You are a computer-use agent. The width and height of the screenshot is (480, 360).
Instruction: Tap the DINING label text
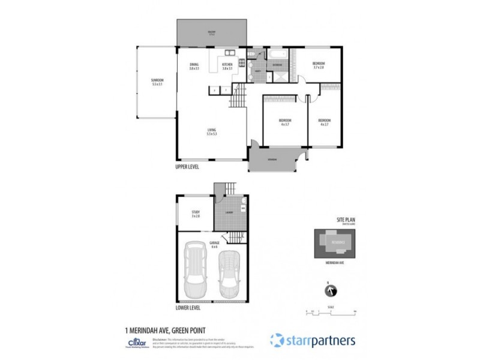pos(194,67)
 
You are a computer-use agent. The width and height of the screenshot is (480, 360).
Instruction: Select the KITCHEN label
pos(227,67)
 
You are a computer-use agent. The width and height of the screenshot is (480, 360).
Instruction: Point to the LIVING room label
pos(212,132)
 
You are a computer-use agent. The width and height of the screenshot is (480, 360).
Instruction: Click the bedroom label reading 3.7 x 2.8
pos(318,65)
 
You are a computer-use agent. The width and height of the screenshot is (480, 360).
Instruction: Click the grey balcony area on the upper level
pos(211,32)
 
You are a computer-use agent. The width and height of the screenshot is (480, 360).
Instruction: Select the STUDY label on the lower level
pos(196,214)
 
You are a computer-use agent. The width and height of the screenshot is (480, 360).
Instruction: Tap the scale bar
pos(330,310)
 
